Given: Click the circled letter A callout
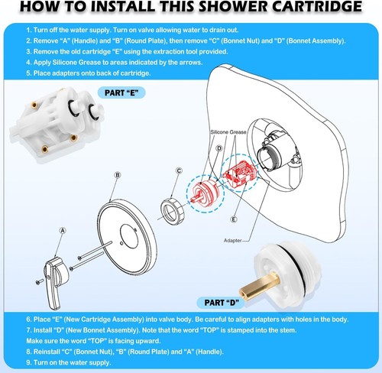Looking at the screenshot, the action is click(63, 231).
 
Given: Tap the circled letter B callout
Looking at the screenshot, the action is click(118, 175).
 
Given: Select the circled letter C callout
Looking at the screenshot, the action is click(179, 170).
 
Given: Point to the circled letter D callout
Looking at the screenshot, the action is click(219, 148).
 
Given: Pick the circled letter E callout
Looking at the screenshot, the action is click(234, 219).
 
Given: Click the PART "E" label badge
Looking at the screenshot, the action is click(121, 92).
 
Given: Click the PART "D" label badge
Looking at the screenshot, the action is click(222, 303).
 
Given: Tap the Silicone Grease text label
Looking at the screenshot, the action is click(228, 132).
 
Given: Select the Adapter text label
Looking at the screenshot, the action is click(232, 240).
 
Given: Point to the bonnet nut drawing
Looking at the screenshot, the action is click(173, 211).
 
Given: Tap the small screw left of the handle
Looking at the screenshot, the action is click(39, 281).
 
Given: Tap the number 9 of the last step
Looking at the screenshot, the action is click(28, 362).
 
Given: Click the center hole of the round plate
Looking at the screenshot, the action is click(129, 236).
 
